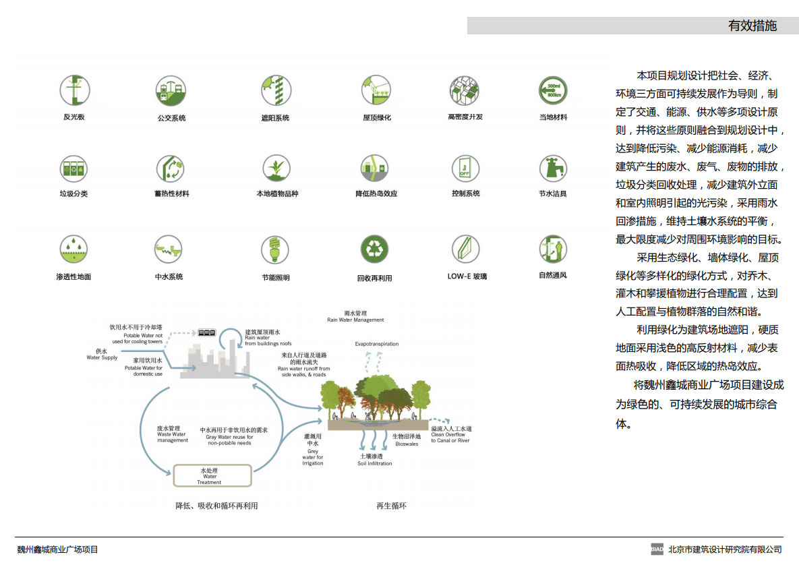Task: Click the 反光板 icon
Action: coord(74,90)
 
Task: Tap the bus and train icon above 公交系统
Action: coord(170,90)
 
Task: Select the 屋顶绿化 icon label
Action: coord(377,117)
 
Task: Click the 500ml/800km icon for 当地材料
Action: coord(552,90)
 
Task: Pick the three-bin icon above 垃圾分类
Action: coord(73,169)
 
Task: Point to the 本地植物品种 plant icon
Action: coord(276,168)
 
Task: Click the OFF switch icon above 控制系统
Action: coord(465,168)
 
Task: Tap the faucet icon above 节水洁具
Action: coord(552,168)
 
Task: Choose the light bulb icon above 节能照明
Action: coord(275,249)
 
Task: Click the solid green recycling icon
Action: coord(374,249)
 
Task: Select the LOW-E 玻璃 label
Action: coord(467,276)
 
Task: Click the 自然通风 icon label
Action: coord(553,275)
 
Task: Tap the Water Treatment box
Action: coord(212,475)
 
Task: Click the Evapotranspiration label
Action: coord(377,344)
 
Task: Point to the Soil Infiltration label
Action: coord(375,460)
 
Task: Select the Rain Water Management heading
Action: coord(355,317)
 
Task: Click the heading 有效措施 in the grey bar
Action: coord(752,26)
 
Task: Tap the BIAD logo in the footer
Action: coord(657,549)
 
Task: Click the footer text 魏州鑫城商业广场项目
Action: coord(57,550)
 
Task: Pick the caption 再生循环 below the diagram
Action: coord(391,506)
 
